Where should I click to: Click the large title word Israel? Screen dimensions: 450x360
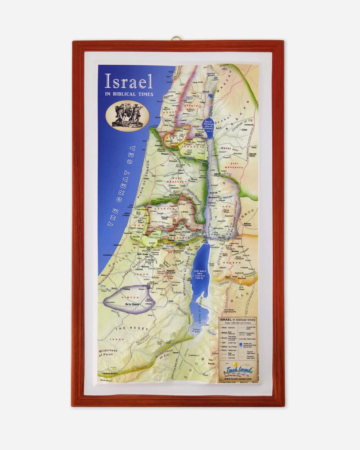[128, 81]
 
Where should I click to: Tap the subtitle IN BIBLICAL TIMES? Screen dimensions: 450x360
[129, 94]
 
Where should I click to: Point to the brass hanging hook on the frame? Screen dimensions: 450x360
[176, 38]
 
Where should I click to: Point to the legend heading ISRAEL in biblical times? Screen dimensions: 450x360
[237, 319]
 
